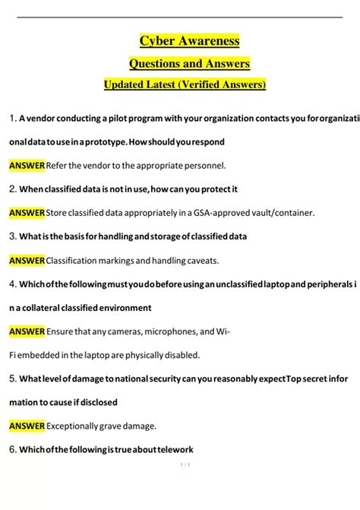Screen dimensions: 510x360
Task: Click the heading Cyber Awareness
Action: point(189,40)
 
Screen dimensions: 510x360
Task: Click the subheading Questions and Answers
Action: point(189,63)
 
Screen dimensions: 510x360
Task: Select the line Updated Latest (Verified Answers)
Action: point(185,84)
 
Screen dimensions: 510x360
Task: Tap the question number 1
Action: point(12,118)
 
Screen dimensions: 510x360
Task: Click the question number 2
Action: point(13,188)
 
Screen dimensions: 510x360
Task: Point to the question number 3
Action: point(13,236)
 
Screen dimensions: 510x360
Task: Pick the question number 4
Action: point(13,284)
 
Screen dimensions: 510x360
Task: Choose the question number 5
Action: point(13,378)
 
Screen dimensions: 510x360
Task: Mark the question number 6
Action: point(13,449)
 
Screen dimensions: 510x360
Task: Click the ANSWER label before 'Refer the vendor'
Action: point(27,165)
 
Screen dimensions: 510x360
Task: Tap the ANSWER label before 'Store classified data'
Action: point(27,213)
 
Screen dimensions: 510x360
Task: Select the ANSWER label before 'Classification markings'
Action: point(27,261)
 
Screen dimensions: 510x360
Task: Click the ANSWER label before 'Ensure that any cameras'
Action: point(27,331)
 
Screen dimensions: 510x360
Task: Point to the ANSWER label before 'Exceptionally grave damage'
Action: point(27,426)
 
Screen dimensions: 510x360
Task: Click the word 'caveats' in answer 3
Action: point(200,261)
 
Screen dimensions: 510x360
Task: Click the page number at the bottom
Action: point(184,486)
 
